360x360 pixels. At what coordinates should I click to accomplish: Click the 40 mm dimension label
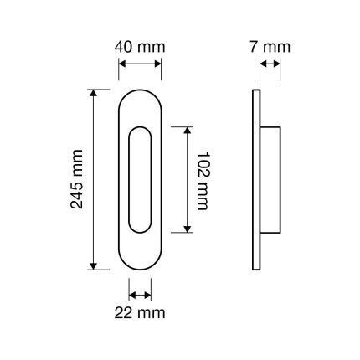[x=140, y=47]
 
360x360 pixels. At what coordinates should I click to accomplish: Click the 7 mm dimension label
[x=270, y=47]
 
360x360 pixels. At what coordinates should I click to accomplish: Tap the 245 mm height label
[x=77, y=179]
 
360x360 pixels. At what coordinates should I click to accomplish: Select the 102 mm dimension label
[x=203, y=181]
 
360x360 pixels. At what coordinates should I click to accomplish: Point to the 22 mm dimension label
[x=140, y=313]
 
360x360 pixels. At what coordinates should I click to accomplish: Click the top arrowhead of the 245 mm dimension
[x=94, y=93]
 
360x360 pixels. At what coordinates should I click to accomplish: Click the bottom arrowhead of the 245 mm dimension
[x=94, y=266]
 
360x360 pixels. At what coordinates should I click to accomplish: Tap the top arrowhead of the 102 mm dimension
[x=188, y=130]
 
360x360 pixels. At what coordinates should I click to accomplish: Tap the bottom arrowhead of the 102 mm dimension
[x=188, y=229]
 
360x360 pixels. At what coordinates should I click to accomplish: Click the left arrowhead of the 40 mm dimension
[x=122, y=64]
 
